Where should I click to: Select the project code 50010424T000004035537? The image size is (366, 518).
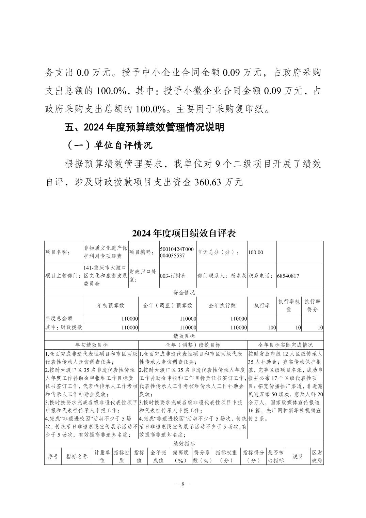coord(176,252)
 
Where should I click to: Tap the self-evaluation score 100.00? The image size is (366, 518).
coord(255,252)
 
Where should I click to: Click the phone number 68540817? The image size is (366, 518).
coord(288,276)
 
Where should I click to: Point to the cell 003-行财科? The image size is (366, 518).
coord(173,276)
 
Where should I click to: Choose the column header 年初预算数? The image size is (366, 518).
coord(111,305)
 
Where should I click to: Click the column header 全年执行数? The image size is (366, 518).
coord(222,305)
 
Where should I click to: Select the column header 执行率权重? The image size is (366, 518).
coord(289,305)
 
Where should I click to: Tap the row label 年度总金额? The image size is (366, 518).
coord(59,318)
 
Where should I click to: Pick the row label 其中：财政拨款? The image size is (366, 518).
coord(64,327)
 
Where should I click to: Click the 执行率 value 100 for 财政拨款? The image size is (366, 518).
coord(272,327)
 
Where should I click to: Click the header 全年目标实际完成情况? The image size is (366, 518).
coord(285,345)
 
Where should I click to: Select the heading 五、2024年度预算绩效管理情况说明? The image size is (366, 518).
coord(144,127)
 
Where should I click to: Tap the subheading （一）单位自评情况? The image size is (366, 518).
coord(109,146)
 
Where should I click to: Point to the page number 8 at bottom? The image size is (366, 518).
coord(183,484)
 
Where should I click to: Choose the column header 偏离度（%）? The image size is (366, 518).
coord(180,456)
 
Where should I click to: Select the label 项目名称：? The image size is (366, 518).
coord(57,252)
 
